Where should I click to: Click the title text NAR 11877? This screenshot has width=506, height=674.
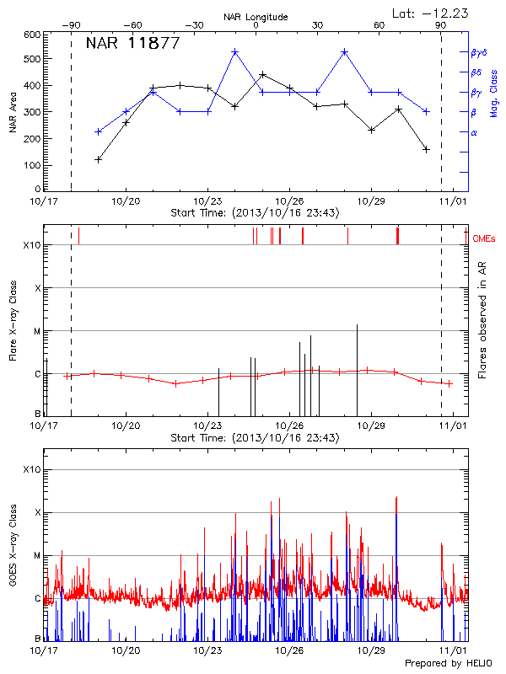[132, 44]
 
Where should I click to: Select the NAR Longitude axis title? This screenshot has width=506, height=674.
[256, 17]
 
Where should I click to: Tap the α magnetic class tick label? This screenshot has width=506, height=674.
[474, 132]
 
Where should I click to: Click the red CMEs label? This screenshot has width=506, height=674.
[484, 239]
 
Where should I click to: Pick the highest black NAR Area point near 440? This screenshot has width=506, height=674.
[263, 74]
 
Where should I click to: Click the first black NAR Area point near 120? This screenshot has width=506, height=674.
[99, 159]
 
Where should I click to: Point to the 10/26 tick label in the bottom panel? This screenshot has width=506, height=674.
[290, 651]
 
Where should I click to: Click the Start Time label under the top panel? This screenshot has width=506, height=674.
[255, 213]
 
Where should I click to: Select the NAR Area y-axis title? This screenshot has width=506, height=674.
[13, 113]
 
